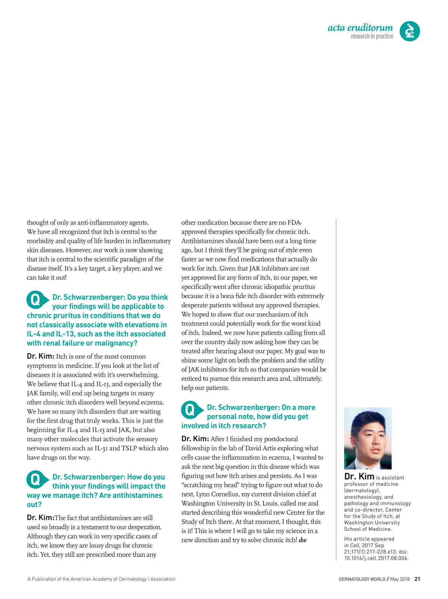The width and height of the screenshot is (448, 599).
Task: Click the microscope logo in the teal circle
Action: (410, 31)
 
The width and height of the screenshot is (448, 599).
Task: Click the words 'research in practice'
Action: (372, 36)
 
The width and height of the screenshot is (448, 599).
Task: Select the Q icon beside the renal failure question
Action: (36, 299)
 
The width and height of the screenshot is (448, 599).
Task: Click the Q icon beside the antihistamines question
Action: (36, 479)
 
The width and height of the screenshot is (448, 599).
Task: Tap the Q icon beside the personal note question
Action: (191, 410)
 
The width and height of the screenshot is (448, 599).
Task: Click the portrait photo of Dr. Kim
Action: (368, 438)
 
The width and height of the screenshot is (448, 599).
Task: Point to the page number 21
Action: (417, 579)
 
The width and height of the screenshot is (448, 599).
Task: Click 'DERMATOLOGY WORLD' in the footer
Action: (362, 579)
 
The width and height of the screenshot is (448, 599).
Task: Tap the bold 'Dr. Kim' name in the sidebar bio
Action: (359, 476)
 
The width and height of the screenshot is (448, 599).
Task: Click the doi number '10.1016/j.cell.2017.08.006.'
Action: (376, 558)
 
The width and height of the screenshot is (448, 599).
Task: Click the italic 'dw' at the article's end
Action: (303, 540)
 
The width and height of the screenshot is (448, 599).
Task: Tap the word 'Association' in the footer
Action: (163, 579)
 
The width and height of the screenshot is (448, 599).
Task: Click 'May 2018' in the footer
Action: (400, 579)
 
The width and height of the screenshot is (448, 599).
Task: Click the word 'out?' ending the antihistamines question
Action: (34, 505)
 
